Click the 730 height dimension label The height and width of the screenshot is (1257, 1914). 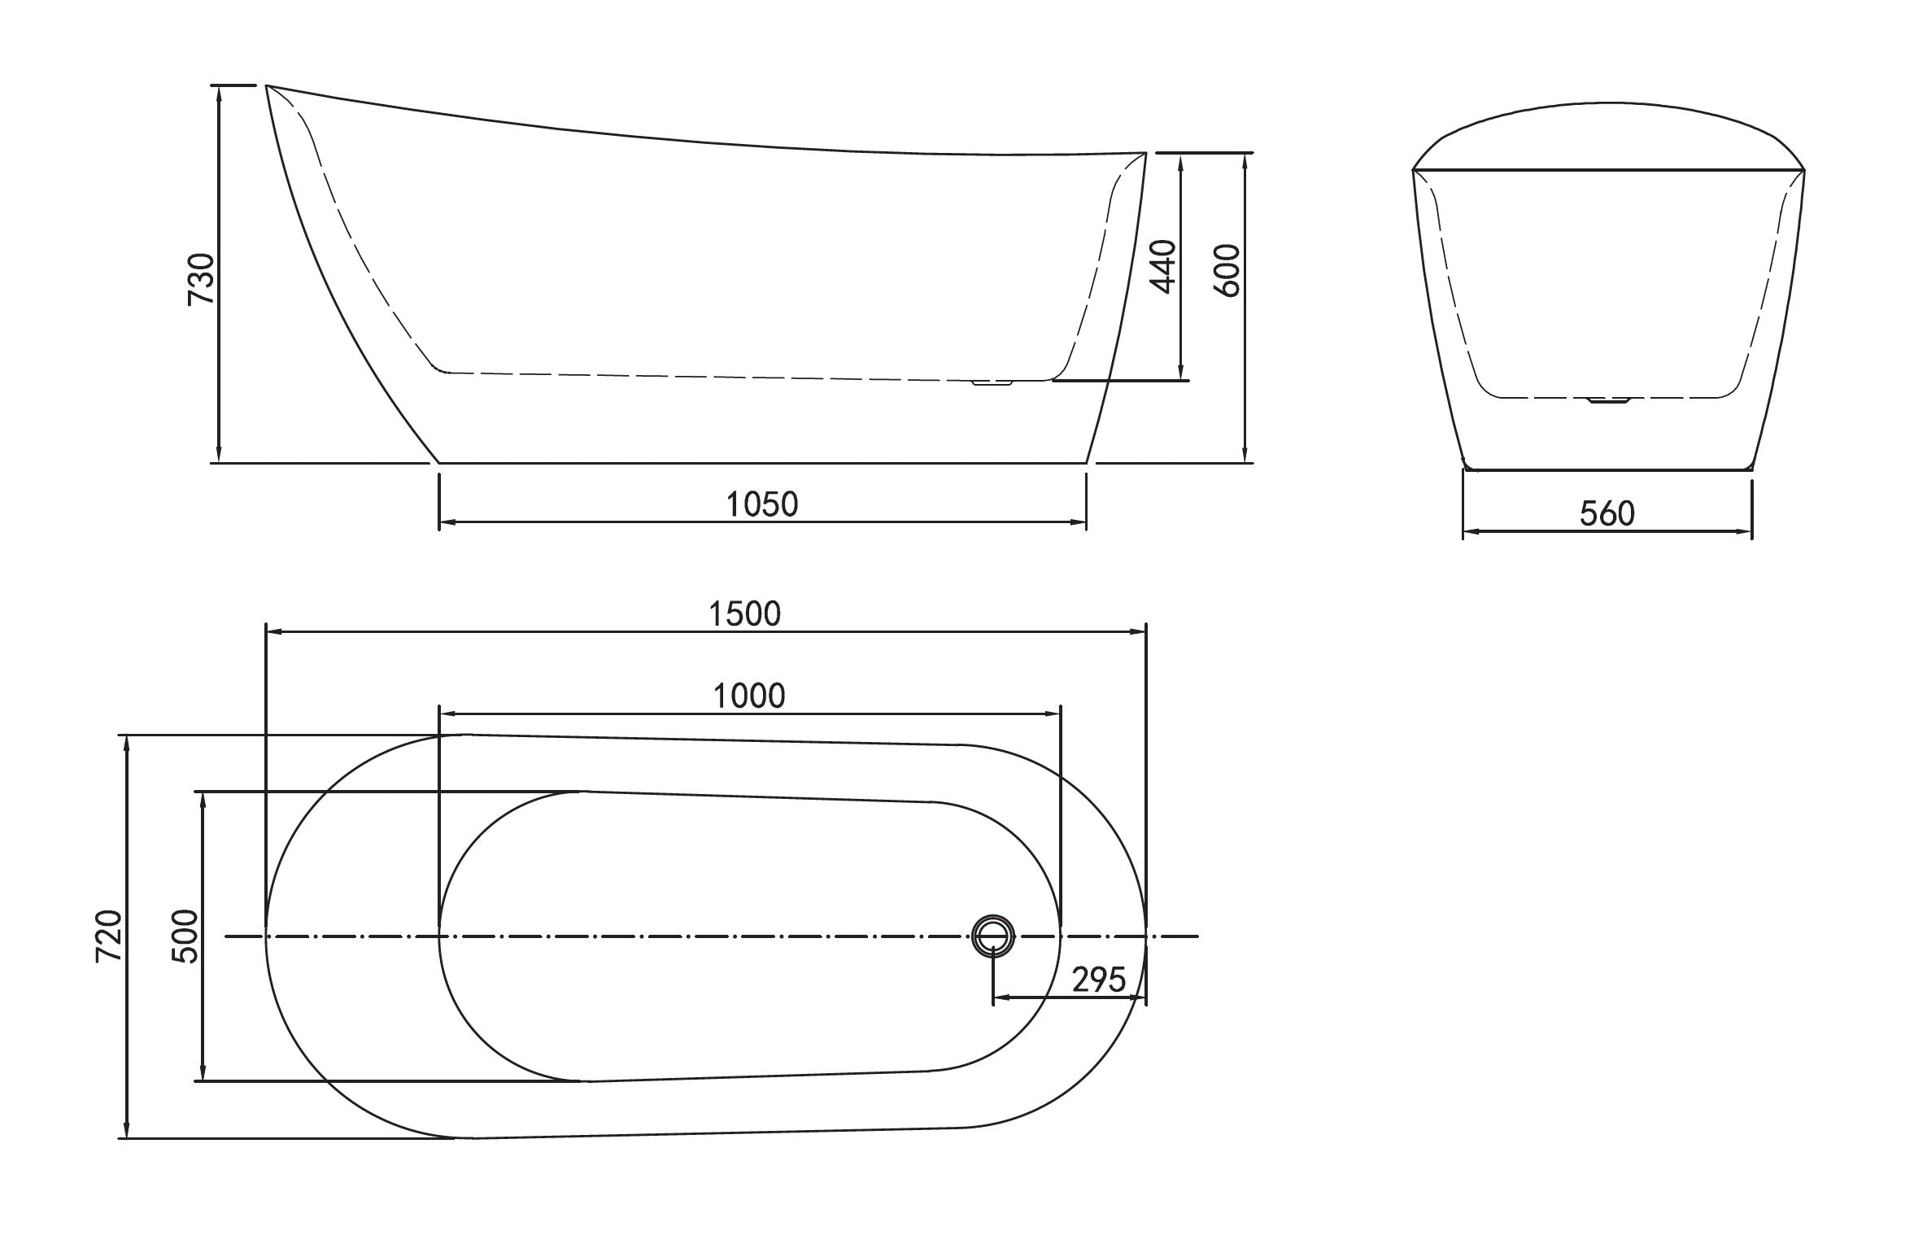[x=200, y=279]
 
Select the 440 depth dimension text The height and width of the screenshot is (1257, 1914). [x=1163, y=266]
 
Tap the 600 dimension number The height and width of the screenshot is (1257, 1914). [x=1227, y=270]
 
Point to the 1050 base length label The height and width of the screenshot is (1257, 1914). [x=762, y=504]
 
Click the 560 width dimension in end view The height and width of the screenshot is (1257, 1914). [x=1607, y=513]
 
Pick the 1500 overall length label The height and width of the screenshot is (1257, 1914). [x=744, y=614]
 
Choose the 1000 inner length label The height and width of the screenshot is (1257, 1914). [x=749, y=696]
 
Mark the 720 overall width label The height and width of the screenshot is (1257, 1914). [x=109, y=937]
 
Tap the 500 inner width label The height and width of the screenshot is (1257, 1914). [x=185, y=937]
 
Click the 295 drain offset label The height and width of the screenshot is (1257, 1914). [x=1098, y=980]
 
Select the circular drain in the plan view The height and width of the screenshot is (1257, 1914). [x=993, y=936]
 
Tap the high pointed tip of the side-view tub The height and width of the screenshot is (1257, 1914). [x=268, y=85]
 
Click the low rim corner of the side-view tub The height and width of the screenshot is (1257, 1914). [x=1145, y=153]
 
